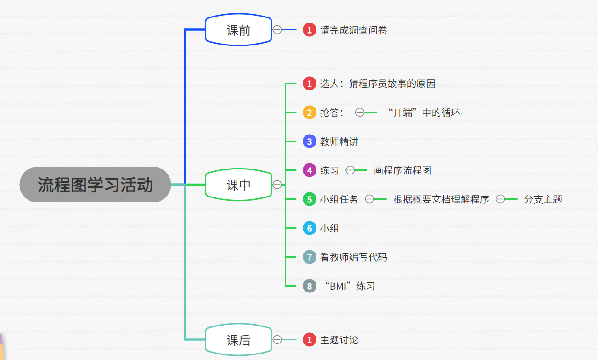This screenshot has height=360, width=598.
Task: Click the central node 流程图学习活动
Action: [95, 185]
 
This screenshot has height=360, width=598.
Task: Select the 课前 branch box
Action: [238, 30]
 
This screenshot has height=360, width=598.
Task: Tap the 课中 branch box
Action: [238, 185]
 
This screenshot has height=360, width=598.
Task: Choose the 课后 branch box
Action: [238, 340]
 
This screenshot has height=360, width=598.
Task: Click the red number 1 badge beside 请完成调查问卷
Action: [310, 30]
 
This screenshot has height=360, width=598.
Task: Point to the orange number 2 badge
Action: [310, 112]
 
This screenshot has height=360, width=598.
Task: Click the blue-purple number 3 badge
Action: [310, 141]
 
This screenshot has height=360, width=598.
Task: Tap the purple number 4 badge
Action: [310, 170]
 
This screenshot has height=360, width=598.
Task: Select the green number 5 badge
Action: [310, 199]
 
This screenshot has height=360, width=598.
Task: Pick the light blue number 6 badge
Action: [310, 228]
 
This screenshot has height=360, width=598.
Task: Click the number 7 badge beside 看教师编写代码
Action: [310, 257]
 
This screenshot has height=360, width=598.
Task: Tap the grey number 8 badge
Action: [310, 286]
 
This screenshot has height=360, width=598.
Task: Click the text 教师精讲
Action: [339, 141]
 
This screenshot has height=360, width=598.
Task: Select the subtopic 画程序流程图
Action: [402, 171]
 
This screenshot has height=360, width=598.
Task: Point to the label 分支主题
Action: [543, 199]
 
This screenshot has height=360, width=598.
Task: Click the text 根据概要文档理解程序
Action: [441, 199]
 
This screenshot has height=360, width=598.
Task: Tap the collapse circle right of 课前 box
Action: [277, 30]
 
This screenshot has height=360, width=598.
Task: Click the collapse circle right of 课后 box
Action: [277, 340]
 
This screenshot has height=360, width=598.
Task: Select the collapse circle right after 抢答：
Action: [360, 112]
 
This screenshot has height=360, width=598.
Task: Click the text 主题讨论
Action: [339, 340]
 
